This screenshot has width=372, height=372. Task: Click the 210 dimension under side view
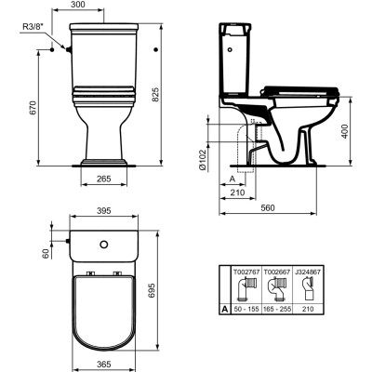coord(237,193)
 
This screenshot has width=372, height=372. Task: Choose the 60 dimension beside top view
coord(44,252)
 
